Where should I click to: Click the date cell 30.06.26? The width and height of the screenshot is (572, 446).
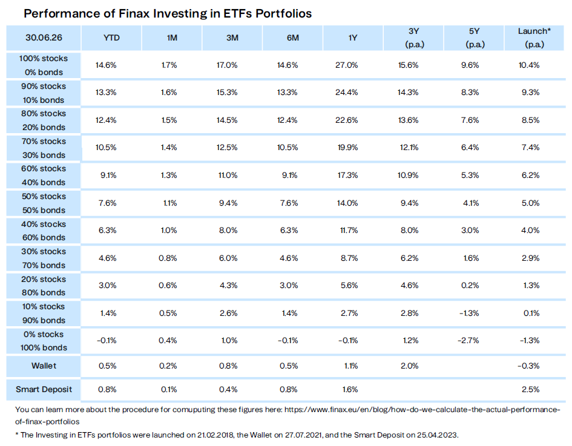click(x=44, y=38)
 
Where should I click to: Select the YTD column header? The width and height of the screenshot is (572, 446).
click(x=111, y=38)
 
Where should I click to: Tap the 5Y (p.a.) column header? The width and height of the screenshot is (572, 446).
click(x=474, y=38)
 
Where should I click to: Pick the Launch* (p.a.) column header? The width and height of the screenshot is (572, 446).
click(x=534, y=38)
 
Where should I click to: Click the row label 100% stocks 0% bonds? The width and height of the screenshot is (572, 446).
click(x=44, y=65)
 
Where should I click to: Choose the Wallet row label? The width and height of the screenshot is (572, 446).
click(x=44, y=366)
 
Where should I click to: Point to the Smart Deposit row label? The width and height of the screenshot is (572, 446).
click(x=44, y=390)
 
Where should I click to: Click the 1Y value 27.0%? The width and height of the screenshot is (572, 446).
click(x=347, y=65)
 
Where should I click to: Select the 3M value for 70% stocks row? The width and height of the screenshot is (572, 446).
click(x=227, y=148)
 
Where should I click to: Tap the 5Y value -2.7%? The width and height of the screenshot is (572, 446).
click(x=468, y=341)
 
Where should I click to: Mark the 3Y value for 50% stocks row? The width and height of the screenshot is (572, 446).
click(x=409, y=203)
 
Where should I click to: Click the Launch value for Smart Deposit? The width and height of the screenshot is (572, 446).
click(x=530, y=390)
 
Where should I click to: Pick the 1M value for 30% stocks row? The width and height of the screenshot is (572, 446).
click(x=168, y=258)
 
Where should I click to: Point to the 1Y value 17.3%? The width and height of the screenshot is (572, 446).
click(x=347, y=175)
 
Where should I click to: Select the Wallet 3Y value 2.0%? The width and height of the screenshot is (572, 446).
click(x=409, y=366)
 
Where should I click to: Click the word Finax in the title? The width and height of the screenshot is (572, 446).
click(x=134, y=13)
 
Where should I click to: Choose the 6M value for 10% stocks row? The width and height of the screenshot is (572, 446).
click(x=289, y=313)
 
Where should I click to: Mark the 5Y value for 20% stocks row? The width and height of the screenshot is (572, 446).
click(x=470, y=286)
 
